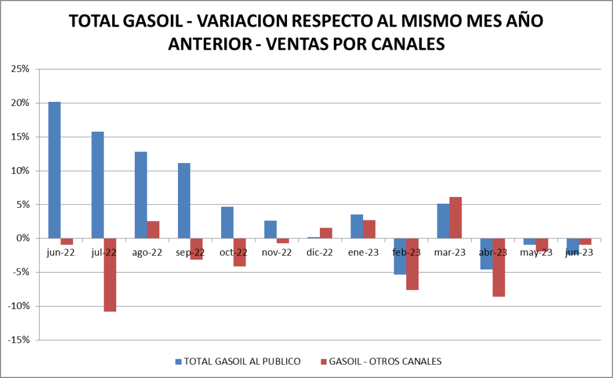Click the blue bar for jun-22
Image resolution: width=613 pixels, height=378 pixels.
[x=54, y=170]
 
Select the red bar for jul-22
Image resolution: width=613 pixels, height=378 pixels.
[x=110, y=275]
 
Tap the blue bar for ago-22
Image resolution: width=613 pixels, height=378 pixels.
[x=141, y=195]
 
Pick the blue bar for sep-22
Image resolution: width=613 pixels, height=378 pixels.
[x=184, y=201]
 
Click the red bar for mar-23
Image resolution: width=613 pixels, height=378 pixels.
[x=455, y=217]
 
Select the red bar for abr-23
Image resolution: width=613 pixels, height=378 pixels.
[x=499, y=267]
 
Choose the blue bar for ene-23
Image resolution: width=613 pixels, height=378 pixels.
[x=357, y=226]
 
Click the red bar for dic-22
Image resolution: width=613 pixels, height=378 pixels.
[x=326, y=233]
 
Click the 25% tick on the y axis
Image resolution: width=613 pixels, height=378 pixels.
[x=20, y=69]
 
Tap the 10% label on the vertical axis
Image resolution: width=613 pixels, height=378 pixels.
[x=20, y=171]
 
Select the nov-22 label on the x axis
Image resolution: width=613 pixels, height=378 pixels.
[x=277, y=252]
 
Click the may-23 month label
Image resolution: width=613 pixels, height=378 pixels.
[x=536, y=252]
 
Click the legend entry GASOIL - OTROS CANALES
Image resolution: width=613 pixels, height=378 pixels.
[x=386, y=361]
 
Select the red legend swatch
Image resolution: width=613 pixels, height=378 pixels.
[x=324, y=361]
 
